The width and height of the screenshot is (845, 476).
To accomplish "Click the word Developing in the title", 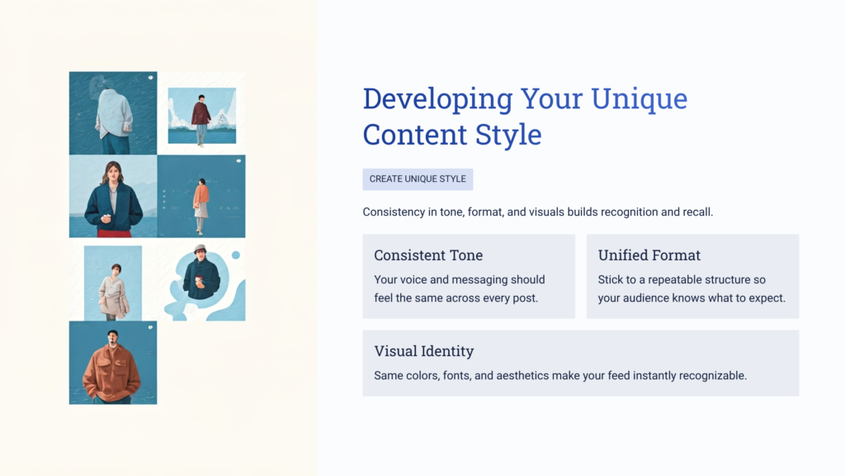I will pos(437,99).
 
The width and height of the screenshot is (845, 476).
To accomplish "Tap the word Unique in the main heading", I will pos(639,99).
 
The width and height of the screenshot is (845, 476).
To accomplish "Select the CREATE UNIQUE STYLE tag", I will pos(418,179).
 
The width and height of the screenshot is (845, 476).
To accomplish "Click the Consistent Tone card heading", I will pos(428,255).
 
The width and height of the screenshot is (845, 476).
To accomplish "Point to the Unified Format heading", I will pos(649,255).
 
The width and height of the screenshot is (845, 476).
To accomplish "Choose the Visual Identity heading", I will pos(423,351).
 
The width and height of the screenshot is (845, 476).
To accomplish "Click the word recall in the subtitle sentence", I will pos(692,212).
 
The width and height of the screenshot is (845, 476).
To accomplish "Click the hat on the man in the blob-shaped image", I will pos(200,249).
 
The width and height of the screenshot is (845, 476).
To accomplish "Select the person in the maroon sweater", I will pos(201,116).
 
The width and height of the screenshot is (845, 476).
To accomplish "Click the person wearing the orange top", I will pos(201,198).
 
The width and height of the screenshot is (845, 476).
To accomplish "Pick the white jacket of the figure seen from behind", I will pos(114,113).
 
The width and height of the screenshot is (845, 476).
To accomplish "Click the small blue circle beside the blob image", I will pos(235,255).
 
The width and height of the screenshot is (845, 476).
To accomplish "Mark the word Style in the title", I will pos(509,135).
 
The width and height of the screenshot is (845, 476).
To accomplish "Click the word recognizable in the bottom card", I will pos(707,376).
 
